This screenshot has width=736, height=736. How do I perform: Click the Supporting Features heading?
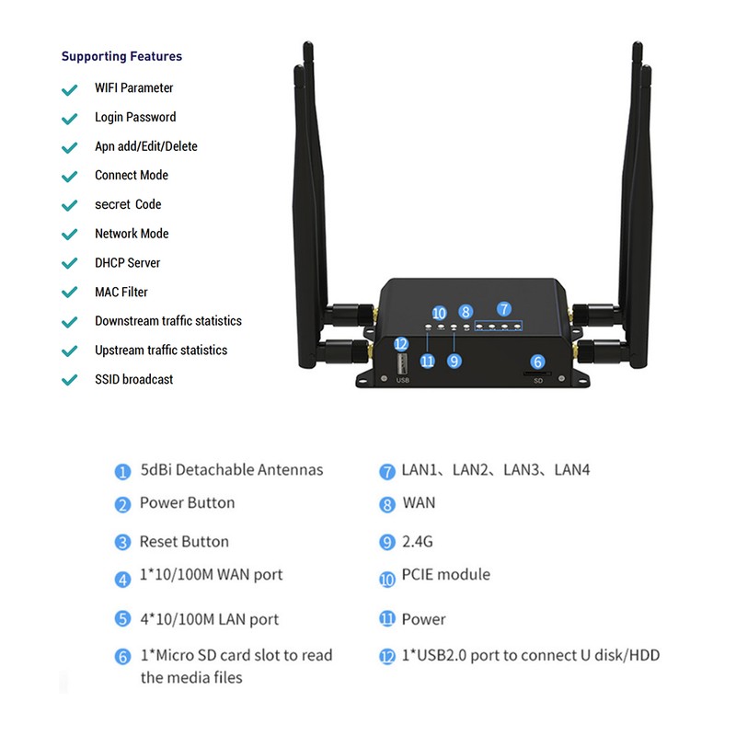tap(121, 56)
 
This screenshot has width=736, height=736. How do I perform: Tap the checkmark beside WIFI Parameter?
tap(68, 89)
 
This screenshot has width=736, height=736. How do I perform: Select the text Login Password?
tap(135, 117)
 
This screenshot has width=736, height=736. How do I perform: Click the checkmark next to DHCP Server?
tap(68, 264)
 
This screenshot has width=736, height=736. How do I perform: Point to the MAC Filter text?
tap(121, 292)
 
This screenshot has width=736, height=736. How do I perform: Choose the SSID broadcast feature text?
tap(133, 379)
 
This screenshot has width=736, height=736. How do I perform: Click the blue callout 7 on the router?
tap(503, 309)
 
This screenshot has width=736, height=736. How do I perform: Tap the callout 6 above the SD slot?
tap(538, 362)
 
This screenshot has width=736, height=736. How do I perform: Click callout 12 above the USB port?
tap(400, 343)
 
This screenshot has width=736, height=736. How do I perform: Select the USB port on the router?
tap(402, 366)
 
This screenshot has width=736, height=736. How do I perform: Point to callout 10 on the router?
tap(439, 313)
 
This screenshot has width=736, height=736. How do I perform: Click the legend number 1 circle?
tap(122, 472)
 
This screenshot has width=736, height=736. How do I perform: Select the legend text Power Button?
tap(187, 502)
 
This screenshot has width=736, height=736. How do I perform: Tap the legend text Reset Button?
tap(184, 542)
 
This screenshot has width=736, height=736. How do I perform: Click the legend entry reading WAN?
tap(419, 503)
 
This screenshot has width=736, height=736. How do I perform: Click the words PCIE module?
tap(446, 574)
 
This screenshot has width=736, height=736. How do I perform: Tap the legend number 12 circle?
tap(387, 657)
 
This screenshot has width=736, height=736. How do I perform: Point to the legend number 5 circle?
tap(122, 619)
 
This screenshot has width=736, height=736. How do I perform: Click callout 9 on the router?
tap(454, 362)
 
